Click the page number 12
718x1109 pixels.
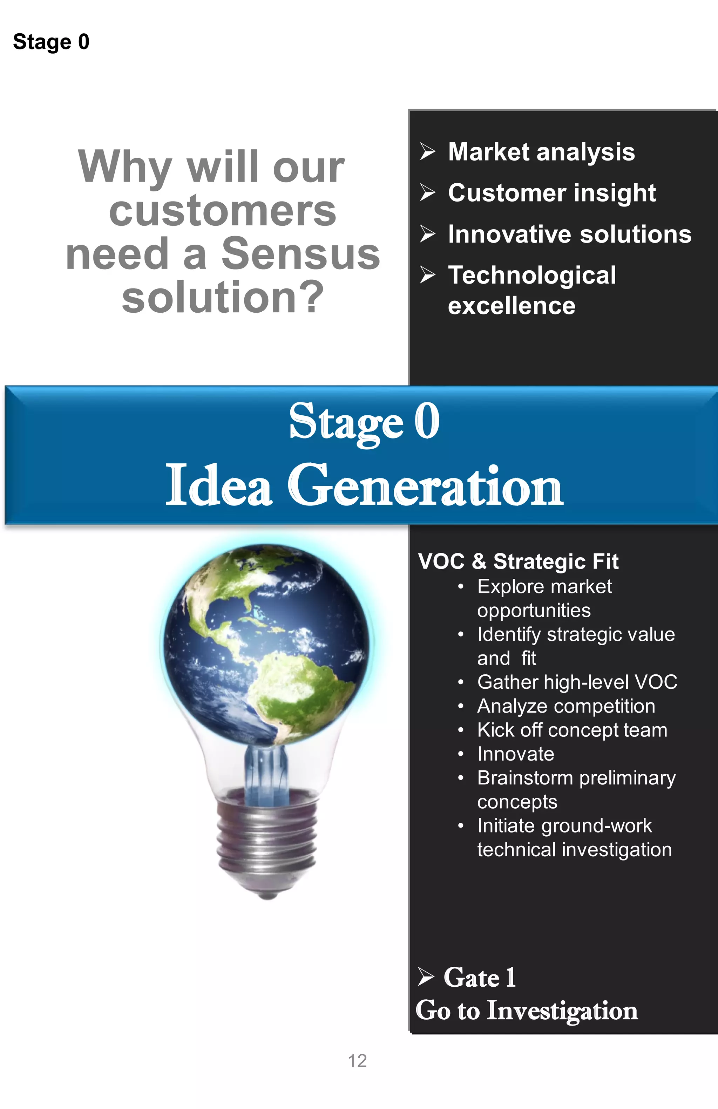357,1061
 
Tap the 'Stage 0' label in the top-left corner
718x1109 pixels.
51,42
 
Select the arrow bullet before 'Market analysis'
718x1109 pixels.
427,151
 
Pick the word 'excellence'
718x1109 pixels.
512,306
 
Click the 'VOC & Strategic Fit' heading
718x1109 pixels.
518,561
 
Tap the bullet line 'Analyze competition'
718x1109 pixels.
566,706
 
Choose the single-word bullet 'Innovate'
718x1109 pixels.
516,754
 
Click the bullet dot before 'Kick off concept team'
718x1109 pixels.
460,730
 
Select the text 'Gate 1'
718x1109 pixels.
480,977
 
